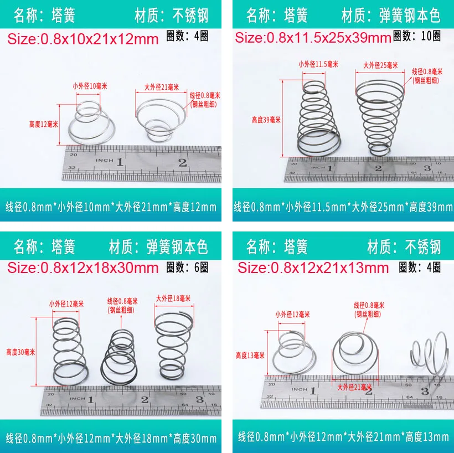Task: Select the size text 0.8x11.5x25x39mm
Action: point(313,38)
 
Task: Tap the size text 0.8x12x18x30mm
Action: point(83,268)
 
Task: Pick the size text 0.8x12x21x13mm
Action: point(313,268)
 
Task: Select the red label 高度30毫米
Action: point(20,351)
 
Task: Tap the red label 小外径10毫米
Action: point(88,86)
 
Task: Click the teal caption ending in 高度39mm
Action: point(343,207)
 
